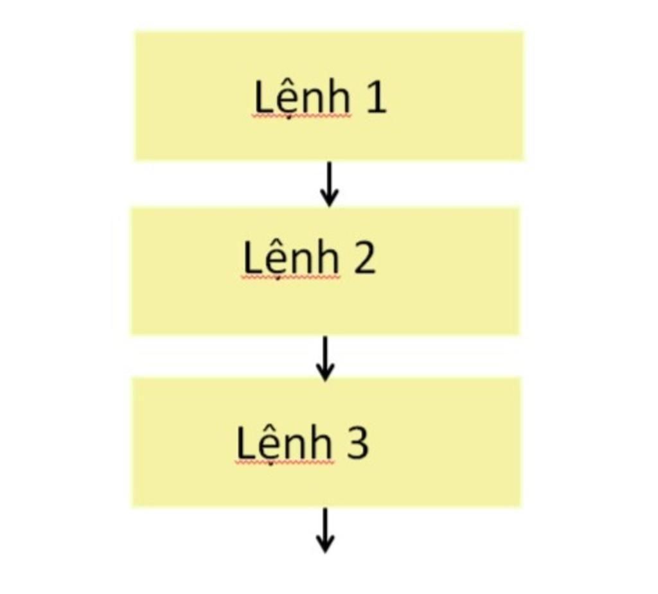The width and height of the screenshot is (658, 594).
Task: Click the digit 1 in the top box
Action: pyautogui.click(x=376, y=98)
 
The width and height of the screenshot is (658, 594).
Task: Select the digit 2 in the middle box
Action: pyautogui.click(x=364, y=258)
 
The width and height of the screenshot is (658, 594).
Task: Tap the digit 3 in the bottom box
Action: pyautogui.click(x=357, y=443)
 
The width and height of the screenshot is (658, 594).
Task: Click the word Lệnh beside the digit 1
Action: pyautogui.click(x=302, y=98)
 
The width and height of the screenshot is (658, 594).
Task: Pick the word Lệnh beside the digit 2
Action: pyautogui.click(x=291, y=259)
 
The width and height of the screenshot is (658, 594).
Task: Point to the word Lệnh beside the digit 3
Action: pyautogui.click(x=285, y=444)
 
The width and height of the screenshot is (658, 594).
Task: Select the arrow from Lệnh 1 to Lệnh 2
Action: pyautogui.click(x=329, y=184)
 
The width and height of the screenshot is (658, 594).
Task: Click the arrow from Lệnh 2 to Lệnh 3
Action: pyautogui.click(x=325, y=358)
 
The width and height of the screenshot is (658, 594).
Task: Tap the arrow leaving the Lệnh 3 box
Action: pyautogui.click(x=325, y=530)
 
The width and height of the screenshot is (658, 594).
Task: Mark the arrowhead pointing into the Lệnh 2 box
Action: pyautogui.click(x=329, y=199)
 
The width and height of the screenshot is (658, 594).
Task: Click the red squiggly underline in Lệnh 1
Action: pyautogui.click(x=302, y=117)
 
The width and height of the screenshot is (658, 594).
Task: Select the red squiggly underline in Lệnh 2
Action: pyautogui.click(x=291, y=277)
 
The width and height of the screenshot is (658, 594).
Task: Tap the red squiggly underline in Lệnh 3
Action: pyautogui.click(x=285, y=462)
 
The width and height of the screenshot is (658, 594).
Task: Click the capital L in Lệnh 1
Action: pyautogui.click(x=263, y=98)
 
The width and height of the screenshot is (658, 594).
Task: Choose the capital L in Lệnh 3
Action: pyautogui.click(x=245, y=443)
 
